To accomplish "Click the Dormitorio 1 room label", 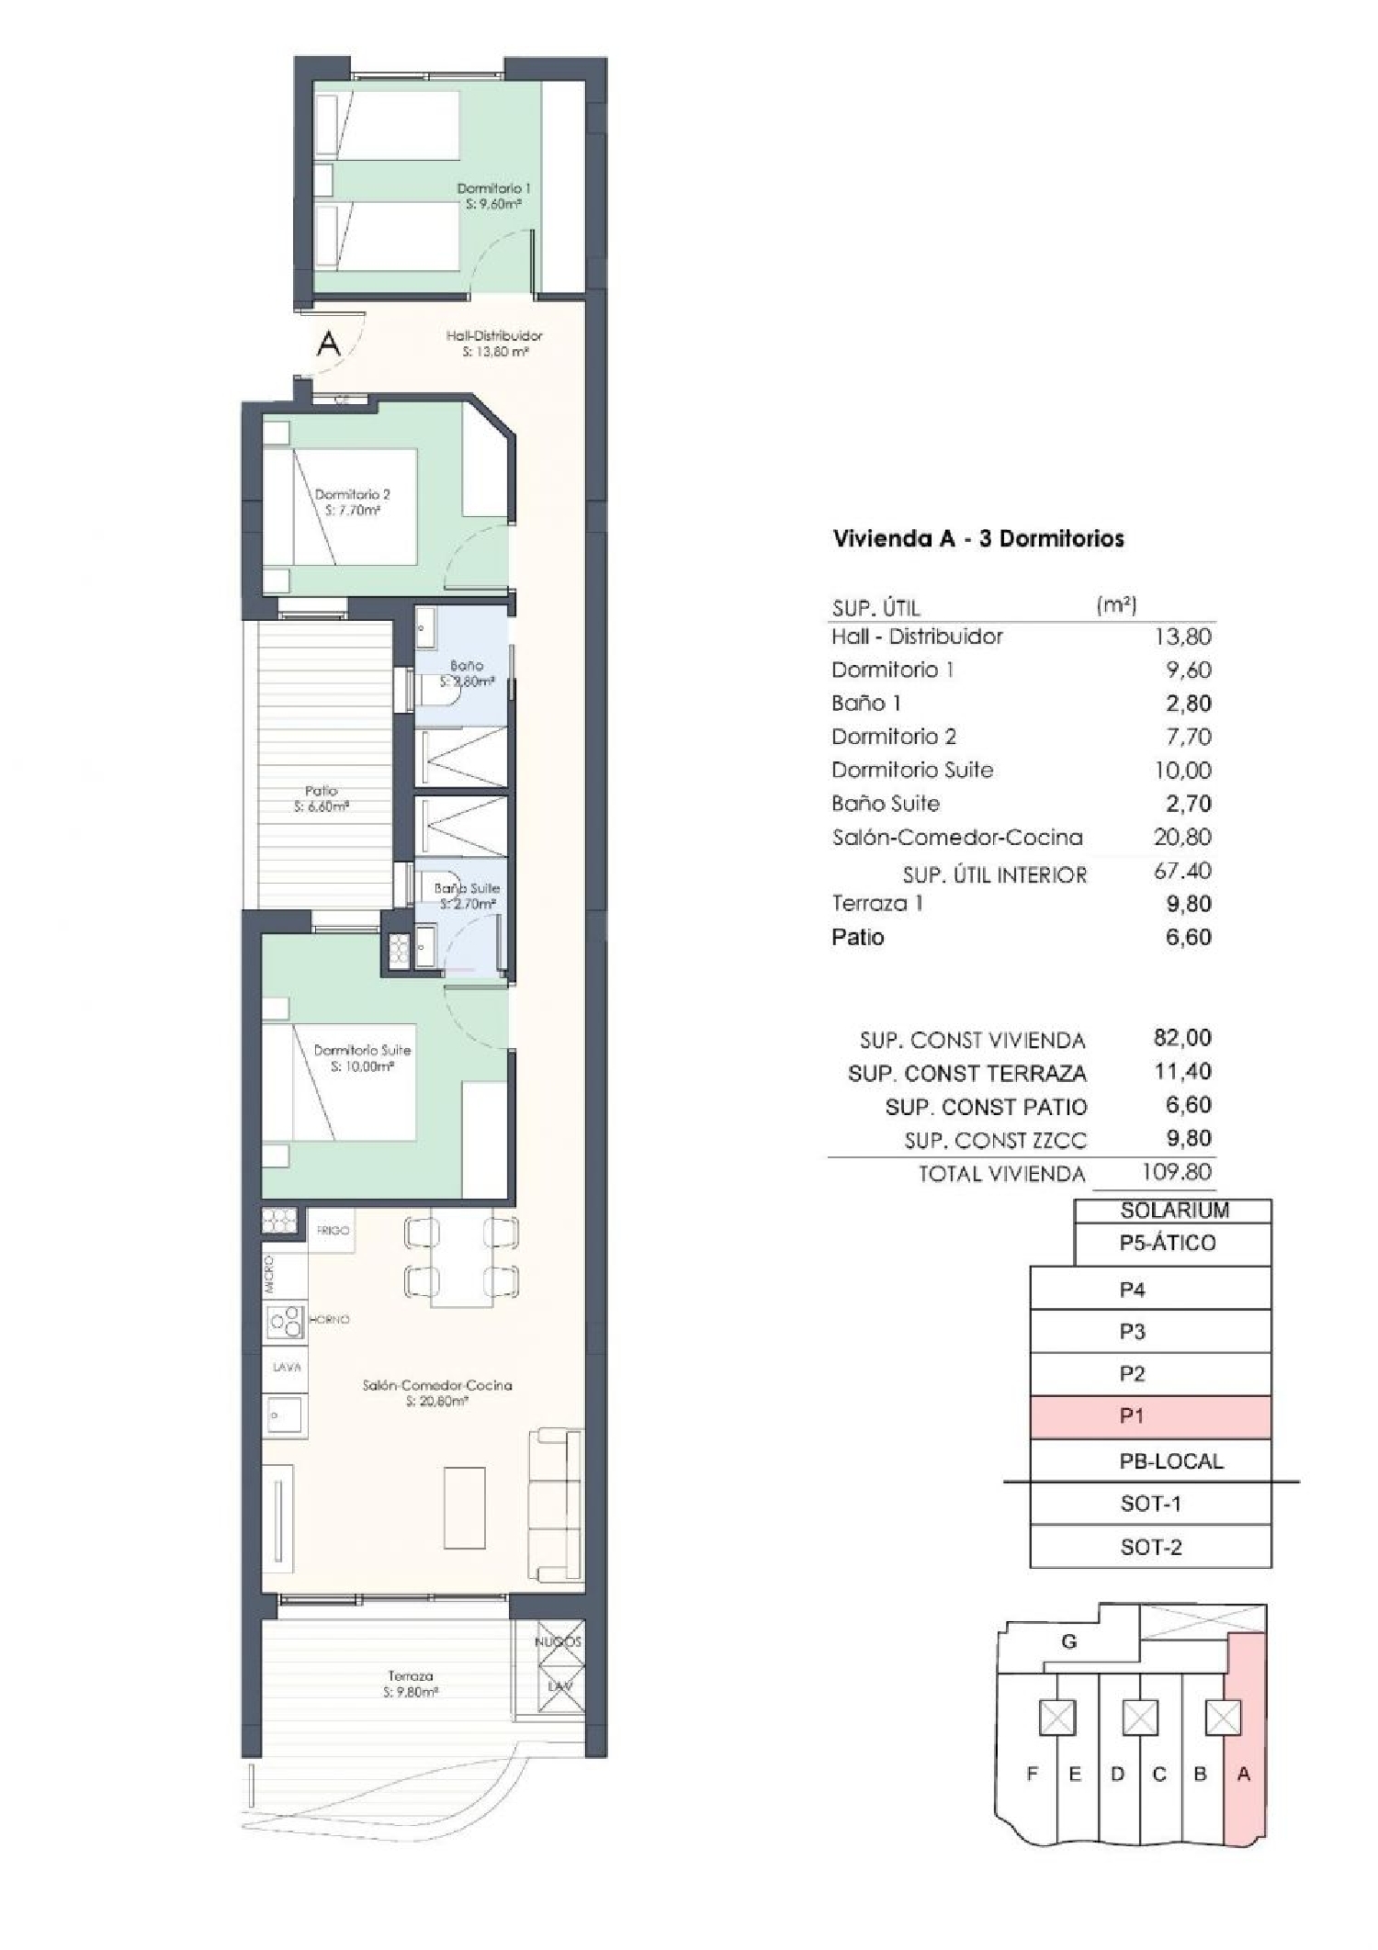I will click(x=493, y=195).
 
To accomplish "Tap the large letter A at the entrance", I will click(x=328, y=344).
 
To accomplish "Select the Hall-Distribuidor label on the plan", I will click(x=494, y=343).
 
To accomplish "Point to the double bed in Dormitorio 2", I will click(x=354, y=506).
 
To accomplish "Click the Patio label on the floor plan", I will click(x=321, y=797).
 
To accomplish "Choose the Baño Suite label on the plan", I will click(x=467, y=895).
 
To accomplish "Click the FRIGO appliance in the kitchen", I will click(x=333, y=1230).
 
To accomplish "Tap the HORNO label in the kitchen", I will click(x=330, y=1319).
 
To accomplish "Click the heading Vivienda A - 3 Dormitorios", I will click(x=977, y=538).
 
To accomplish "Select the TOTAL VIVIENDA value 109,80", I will click(x=1176, y=1172).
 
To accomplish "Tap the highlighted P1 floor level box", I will click(x=1150, y=1416).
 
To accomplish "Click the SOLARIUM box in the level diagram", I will click(x=1173, y=1211).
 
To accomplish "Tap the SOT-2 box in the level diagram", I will click(x=1150, y=1547).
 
